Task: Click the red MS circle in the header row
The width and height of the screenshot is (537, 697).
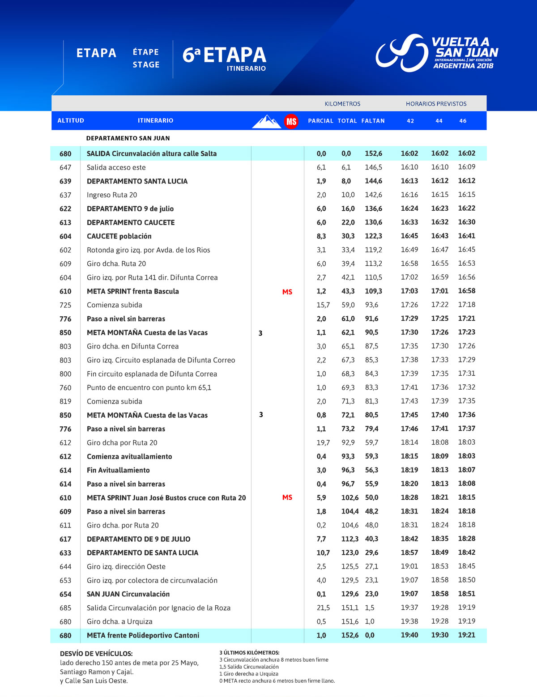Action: click(291, 121)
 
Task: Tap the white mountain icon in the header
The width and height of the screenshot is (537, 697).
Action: click(267, 121)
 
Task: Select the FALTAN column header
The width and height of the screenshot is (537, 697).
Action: click(373, 121)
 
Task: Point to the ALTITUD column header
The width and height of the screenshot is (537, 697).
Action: click(71, 121)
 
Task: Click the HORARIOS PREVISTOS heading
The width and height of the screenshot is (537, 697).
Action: click(436, 104)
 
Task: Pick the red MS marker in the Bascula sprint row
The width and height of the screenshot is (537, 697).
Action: click(287, 292)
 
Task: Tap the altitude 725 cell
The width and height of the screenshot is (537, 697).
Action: click(65, 305)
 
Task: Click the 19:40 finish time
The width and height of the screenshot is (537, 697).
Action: click(409, 635)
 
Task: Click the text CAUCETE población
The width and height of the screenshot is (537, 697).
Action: click(119, 236)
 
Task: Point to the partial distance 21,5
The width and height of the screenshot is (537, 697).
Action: click(323, 608)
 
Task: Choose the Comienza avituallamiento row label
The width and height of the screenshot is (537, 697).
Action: click(129, 456)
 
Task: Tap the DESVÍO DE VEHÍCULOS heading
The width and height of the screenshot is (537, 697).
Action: click(96, 654)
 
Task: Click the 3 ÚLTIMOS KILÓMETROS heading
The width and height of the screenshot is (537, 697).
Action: click(249, 653)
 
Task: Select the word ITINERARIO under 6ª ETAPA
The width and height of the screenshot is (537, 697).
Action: click(246, 68)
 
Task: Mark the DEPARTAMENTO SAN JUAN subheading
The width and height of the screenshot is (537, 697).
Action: click(128, 138)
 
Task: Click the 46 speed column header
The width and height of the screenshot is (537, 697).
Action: click(463, 121)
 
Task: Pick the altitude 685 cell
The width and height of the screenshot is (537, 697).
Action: click(65, 608)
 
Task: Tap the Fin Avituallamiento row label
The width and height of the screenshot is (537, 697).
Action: click(118, 470)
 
